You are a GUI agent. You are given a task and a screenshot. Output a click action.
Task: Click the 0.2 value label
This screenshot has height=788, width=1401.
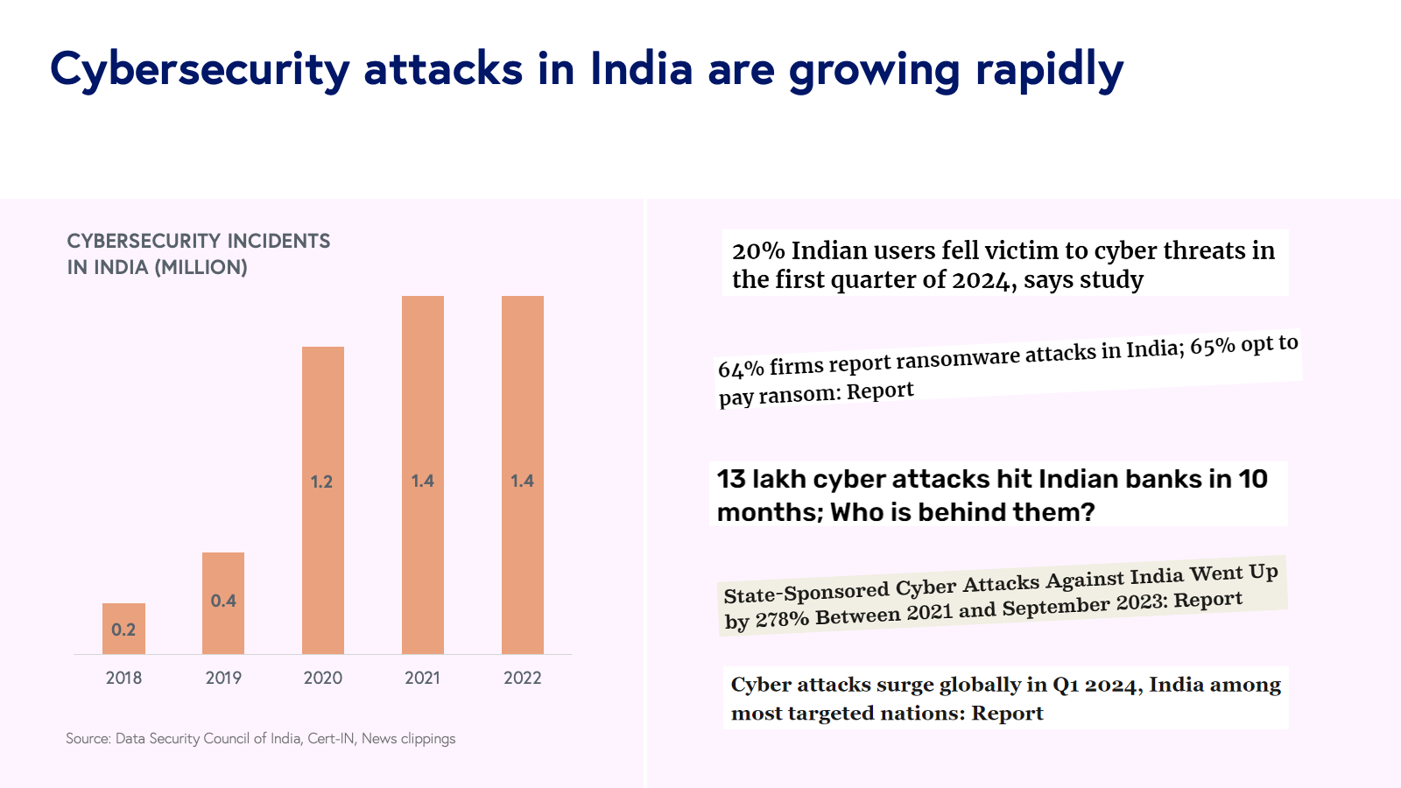123,630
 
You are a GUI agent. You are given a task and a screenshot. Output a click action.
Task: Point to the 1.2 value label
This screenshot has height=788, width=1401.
321,482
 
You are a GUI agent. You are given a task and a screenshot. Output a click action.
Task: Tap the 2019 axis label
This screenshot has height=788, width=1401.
223,678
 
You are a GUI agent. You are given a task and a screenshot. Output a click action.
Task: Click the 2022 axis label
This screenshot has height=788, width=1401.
523,678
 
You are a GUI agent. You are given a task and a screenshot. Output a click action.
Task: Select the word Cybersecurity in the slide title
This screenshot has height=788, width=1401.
200,70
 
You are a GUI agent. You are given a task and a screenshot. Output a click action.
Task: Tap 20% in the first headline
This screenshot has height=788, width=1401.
758,251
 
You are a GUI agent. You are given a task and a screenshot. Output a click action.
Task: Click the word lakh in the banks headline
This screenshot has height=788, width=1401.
779,479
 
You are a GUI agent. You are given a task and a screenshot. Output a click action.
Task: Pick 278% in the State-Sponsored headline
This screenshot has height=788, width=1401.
781,619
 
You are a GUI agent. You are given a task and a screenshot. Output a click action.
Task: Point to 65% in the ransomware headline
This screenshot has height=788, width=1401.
1212,347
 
